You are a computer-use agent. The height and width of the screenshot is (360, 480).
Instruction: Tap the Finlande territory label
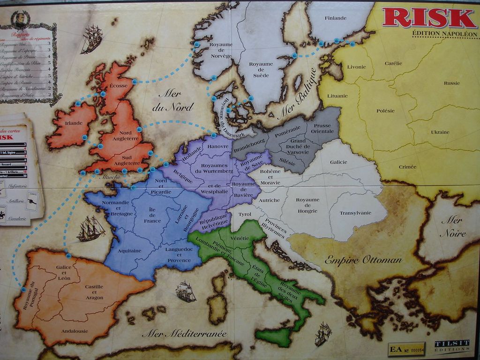(x=335, y=18)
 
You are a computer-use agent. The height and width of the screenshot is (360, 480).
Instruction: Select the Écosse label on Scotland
(x=118, y=86)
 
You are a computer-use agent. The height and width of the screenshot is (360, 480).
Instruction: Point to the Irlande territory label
(x=74, y=123)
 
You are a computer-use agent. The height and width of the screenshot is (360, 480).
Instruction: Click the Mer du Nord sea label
(x=172, y=100)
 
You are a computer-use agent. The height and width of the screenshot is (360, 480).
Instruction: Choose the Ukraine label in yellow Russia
(x=440, y=132)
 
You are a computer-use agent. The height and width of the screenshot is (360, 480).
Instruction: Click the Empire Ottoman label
(x=363, y=260)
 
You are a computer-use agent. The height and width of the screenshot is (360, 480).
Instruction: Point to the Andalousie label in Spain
(x=74, y=331)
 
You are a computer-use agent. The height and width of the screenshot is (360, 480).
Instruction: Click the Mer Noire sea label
(x=453, y=226)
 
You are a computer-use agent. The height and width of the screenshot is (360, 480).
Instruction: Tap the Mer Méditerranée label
(x=184, y=334)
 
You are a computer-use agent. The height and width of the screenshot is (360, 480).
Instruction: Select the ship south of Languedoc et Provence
(x=185, y=291)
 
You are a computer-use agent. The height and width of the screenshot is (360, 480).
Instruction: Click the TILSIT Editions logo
(x=451, y=346)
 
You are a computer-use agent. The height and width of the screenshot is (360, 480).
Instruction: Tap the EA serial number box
(x=406, y=349)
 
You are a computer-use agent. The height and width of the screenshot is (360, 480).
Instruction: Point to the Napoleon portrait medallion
(x=20, y=19)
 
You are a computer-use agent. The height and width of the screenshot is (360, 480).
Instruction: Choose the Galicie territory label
(x=338, y=162)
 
